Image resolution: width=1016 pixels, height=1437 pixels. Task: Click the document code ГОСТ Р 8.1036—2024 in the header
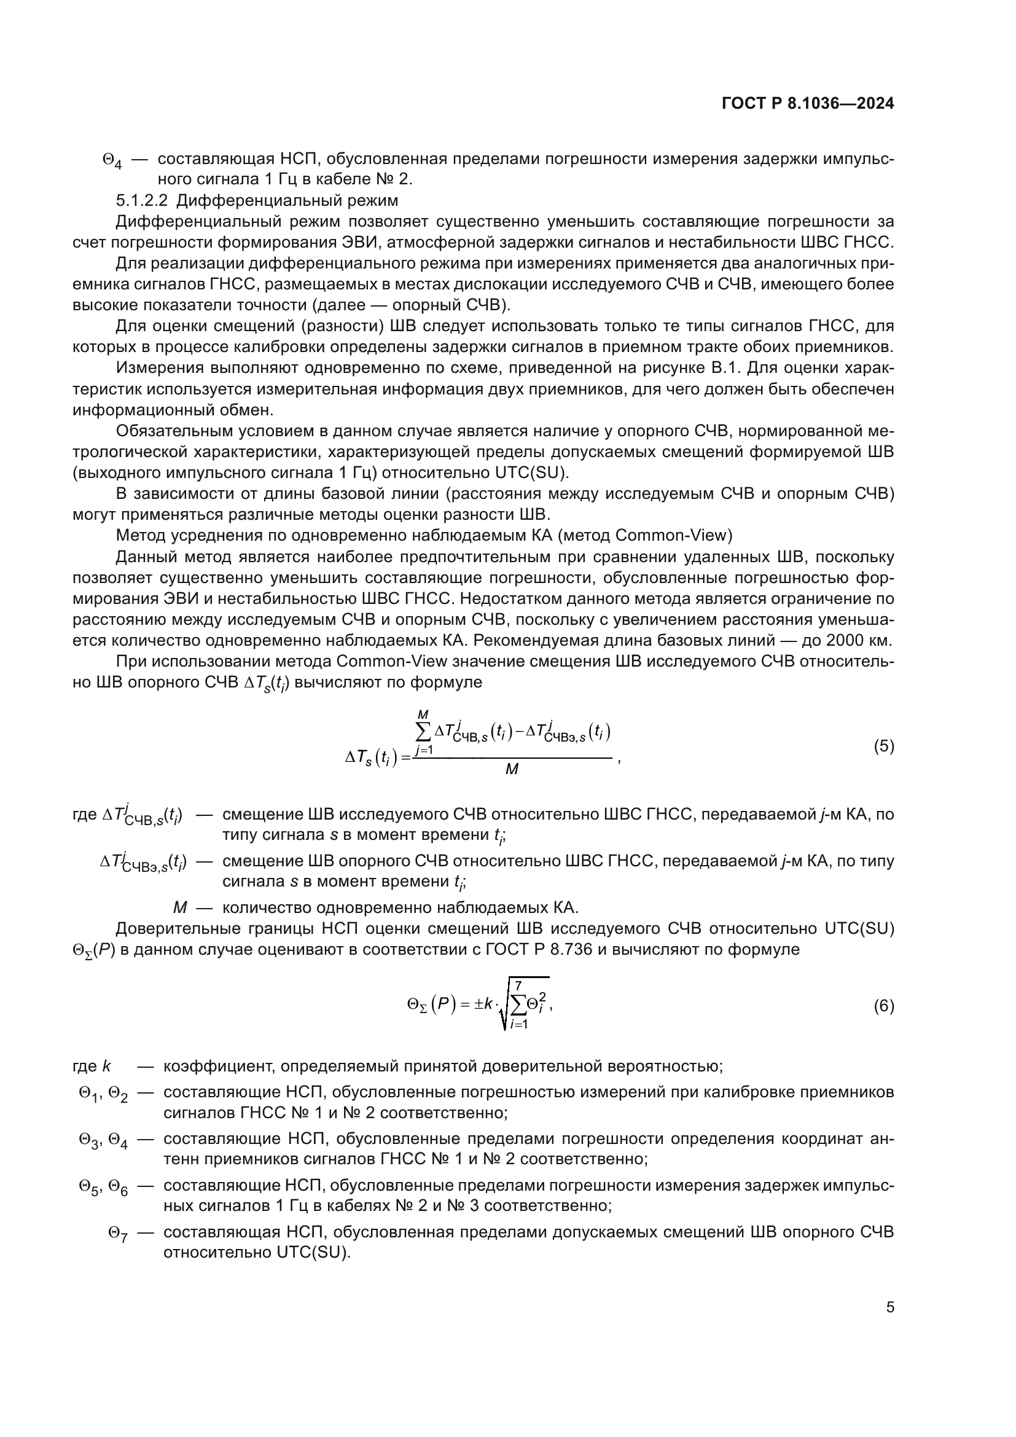(x=808, y=104)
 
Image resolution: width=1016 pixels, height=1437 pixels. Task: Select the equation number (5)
(x=883, y=746)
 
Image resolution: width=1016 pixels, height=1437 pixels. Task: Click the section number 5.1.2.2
(x=142, y=200)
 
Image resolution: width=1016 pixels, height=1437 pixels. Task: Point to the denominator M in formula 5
(x=511, y=770)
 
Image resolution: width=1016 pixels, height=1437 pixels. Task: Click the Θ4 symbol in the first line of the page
(x=112, y=160)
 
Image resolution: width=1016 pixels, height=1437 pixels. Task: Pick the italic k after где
(x=106, y=1066)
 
